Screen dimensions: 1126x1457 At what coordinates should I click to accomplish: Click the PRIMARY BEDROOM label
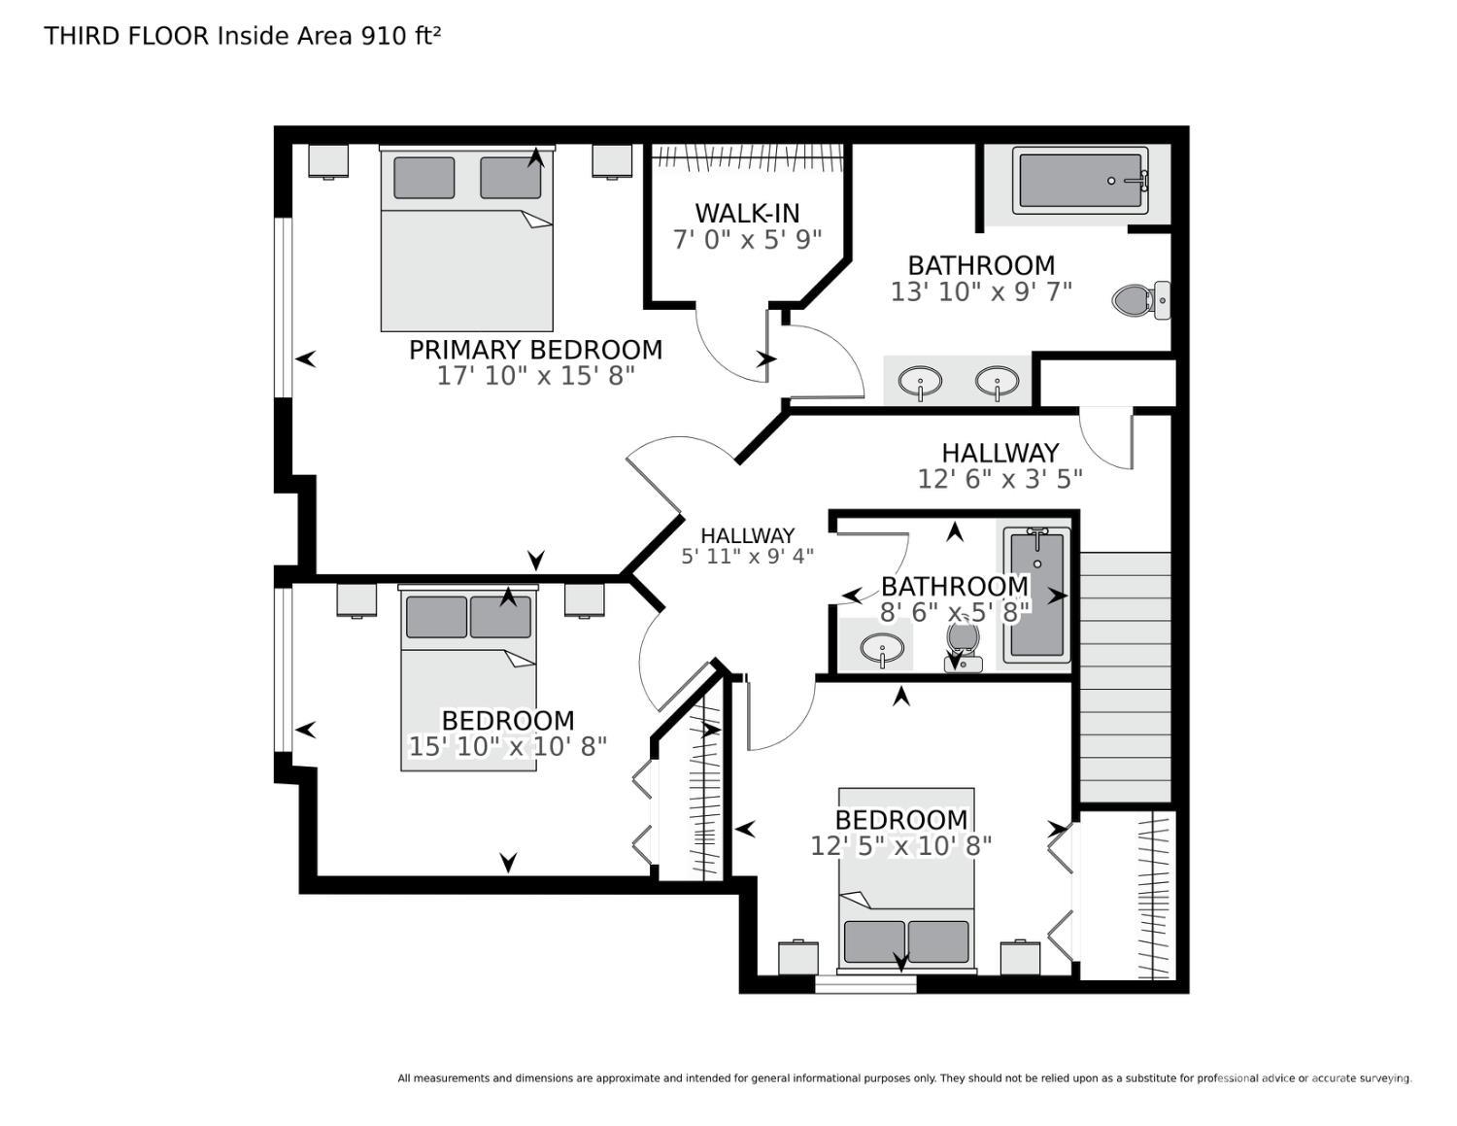click(535, 350)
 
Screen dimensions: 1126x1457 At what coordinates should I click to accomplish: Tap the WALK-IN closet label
click(747, 213)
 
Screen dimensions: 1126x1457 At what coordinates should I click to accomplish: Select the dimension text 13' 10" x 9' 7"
click(981, 291)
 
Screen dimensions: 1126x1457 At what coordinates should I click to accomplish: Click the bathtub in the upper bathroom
click(1079, 181)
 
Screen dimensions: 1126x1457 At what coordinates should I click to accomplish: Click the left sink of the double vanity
click(919, 381)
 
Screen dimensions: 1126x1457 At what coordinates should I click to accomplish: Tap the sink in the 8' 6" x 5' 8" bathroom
click(882, 648)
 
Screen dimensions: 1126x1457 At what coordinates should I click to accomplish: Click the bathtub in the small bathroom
click(1036, 595)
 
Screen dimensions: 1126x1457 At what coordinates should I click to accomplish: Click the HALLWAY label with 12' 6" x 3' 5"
click(1000, 453)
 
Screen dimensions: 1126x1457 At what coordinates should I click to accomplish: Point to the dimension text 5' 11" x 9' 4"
click(747, 557)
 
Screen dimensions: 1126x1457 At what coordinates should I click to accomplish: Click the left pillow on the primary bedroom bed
click(424, 178)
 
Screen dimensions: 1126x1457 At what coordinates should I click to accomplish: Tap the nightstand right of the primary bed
click(612, 161)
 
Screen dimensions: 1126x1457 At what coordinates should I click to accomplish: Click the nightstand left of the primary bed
click(328, 161)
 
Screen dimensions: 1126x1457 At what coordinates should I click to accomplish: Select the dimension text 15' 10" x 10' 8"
click(508, 746)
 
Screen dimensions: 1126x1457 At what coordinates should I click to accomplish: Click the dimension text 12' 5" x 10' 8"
click(901, 846)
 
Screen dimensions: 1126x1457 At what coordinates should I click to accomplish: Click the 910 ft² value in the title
click(400, 36)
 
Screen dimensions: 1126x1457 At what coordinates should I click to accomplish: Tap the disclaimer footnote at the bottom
click(903, 1078)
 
